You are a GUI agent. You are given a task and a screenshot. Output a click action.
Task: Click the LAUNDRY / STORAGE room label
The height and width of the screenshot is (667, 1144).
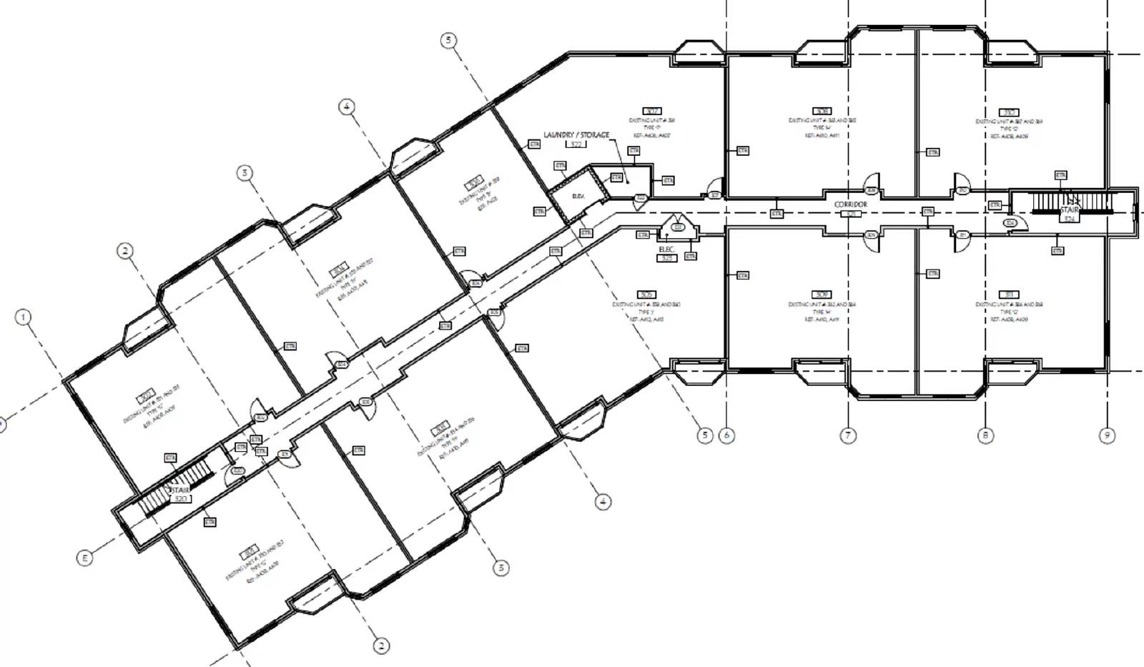click(x=576, y=134)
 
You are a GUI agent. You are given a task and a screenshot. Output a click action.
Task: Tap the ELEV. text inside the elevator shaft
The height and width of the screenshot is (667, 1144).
click(x=578, y=196)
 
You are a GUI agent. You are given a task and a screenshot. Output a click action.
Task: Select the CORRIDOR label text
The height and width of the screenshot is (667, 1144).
click(x=850, y=204)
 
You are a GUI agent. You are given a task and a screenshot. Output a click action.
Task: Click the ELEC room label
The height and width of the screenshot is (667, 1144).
click(x=666, y=249)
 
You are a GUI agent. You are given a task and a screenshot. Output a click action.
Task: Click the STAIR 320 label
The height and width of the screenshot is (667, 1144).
click(x=180, y=494)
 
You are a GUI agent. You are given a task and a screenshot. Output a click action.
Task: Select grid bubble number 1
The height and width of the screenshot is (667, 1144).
click(x=24, y=317)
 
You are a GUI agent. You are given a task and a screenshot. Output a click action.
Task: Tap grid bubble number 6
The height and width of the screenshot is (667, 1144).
click(x=726, y=435)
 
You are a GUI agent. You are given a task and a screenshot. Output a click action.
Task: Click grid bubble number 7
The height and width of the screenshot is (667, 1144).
click(x=848, y=435)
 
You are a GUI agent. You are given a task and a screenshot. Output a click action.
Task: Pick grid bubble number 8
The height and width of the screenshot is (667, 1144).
click(x=985, y=435)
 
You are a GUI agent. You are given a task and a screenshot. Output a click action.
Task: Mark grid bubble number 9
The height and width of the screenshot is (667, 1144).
click(x=1107, y=435)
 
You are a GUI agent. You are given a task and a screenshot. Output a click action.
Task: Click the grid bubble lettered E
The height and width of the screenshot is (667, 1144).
click(x=84, y=558)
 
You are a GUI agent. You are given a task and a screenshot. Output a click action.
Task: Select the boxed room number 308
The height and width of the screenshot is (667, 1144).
click(x=822, y=112)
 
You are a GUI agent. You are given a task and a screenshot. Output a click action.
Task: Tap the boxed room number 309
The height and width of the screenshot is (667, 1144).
click(x=822, y=295)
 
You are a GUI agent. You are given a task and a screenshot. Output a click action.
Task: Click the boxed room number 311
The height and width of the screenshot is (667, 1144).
click(x=1010, y=295)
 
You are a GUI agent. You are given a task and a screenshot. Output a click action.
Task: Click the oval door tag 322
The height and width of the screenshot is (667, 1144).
click(x=641, y=198)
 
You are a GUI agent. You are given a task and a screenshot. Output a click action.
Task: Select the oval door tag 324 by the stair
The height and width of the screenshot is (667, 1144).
click(x=1010, y=223)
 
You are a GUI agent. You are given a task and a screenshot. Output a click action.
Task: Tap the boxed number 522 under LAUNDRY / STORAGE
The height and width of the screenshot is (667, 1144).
click(x=576, y=144)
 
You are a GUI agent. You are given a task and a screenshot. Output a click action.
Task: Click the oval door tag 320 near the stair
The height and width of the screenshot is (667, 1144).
click(x=237, y=471)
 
